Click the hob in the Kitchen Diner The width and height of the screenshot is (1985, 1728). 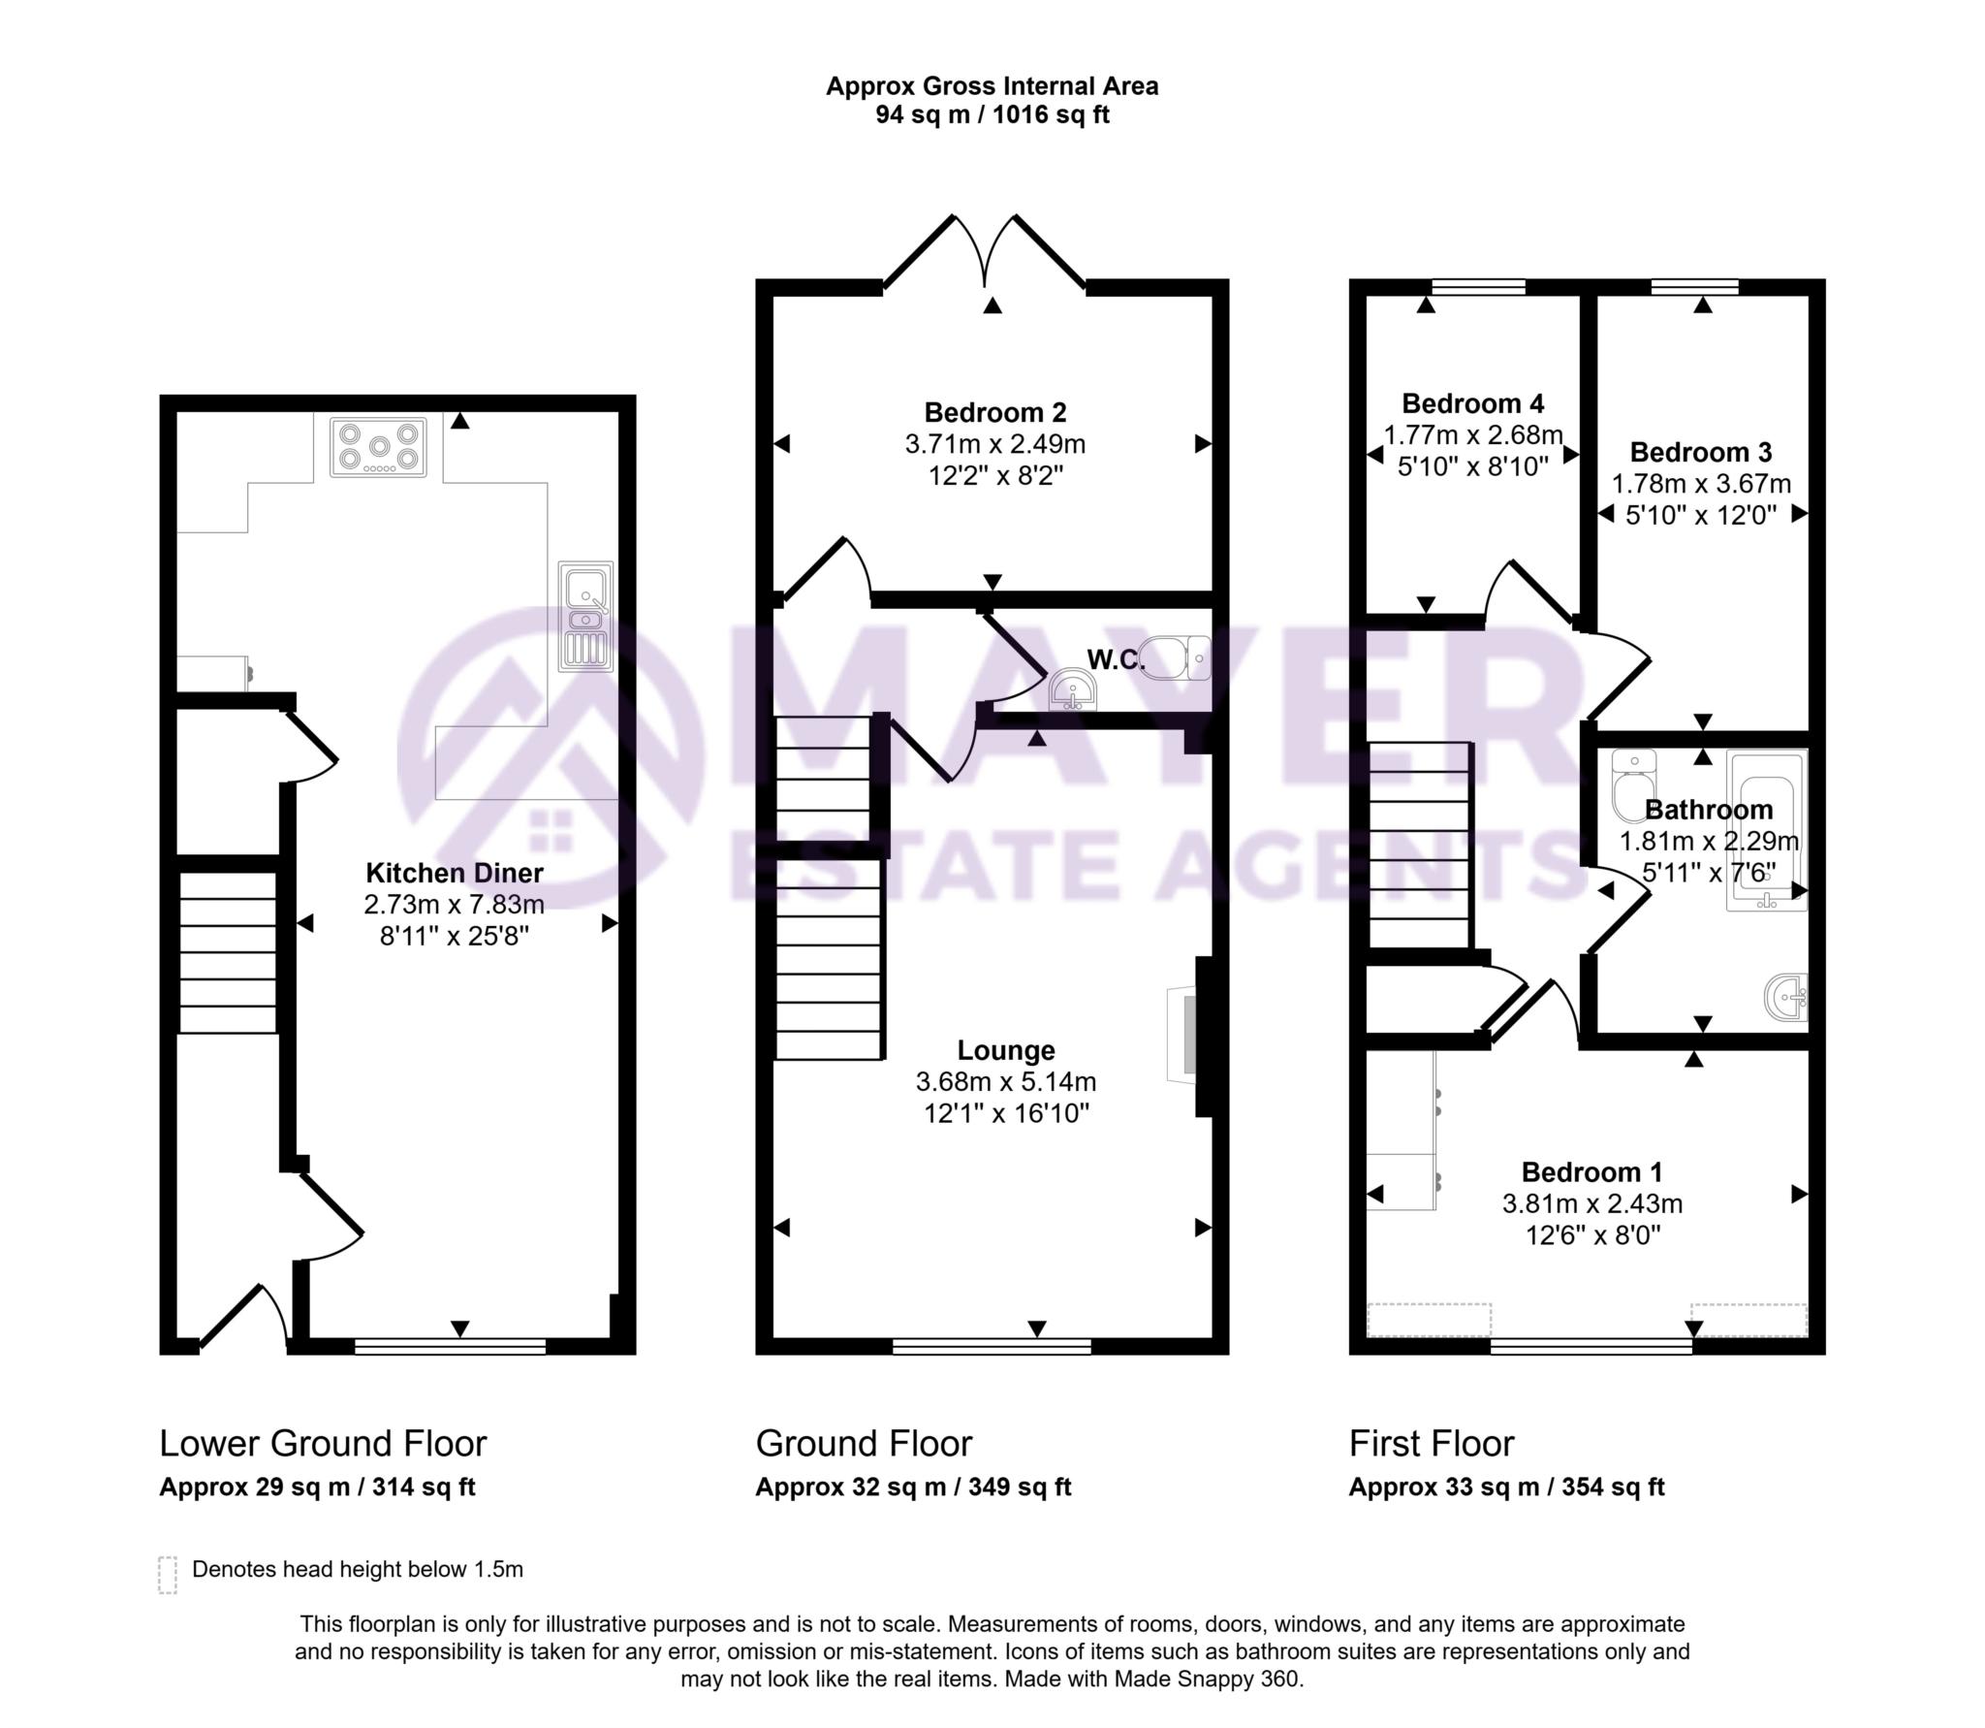click(x=378, y=446)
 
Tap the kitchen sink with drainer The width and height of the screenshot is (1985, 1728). click(x=585, y=617)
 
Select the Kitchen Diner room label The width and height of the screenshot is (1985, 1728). click(x=455, y=873)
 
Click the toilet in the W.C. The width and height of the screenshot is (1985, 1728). click(x=1175, y=658)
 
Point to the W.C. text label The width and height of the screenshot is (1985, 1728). click(x=1116, y=660)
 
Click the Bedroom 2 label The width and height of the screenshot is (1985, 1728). click(x=995, y=413)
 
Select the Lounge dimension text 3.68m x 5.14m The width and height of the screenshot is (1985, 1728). click(x=1006, y=1081)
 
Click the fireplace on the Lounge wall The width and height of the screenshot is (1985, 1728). click(x=1182, y=1035)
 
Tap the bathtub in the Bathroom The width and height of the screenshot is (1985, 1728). click(x=1766, y=832)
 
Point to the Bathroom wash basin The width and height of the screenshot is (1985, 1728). click(x=1786, y=997)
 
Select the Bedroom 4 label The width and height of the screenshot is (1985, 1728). click(x=1473, y=403)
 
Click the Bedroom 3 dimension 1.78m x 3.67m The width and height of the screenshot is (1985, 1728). click(x=1701, y=484)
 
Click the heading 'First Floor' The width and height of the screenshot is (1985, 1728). click(x=1431, y=1444)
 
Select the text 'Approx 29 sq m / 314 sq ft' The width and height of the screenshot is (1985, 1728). click(x=317, y=1488)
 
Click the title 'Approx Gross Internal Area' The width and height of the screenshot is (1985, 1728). click(x=992, y=86)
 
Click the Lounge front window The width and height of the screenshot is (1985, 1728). click(x=992, y=1346)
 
